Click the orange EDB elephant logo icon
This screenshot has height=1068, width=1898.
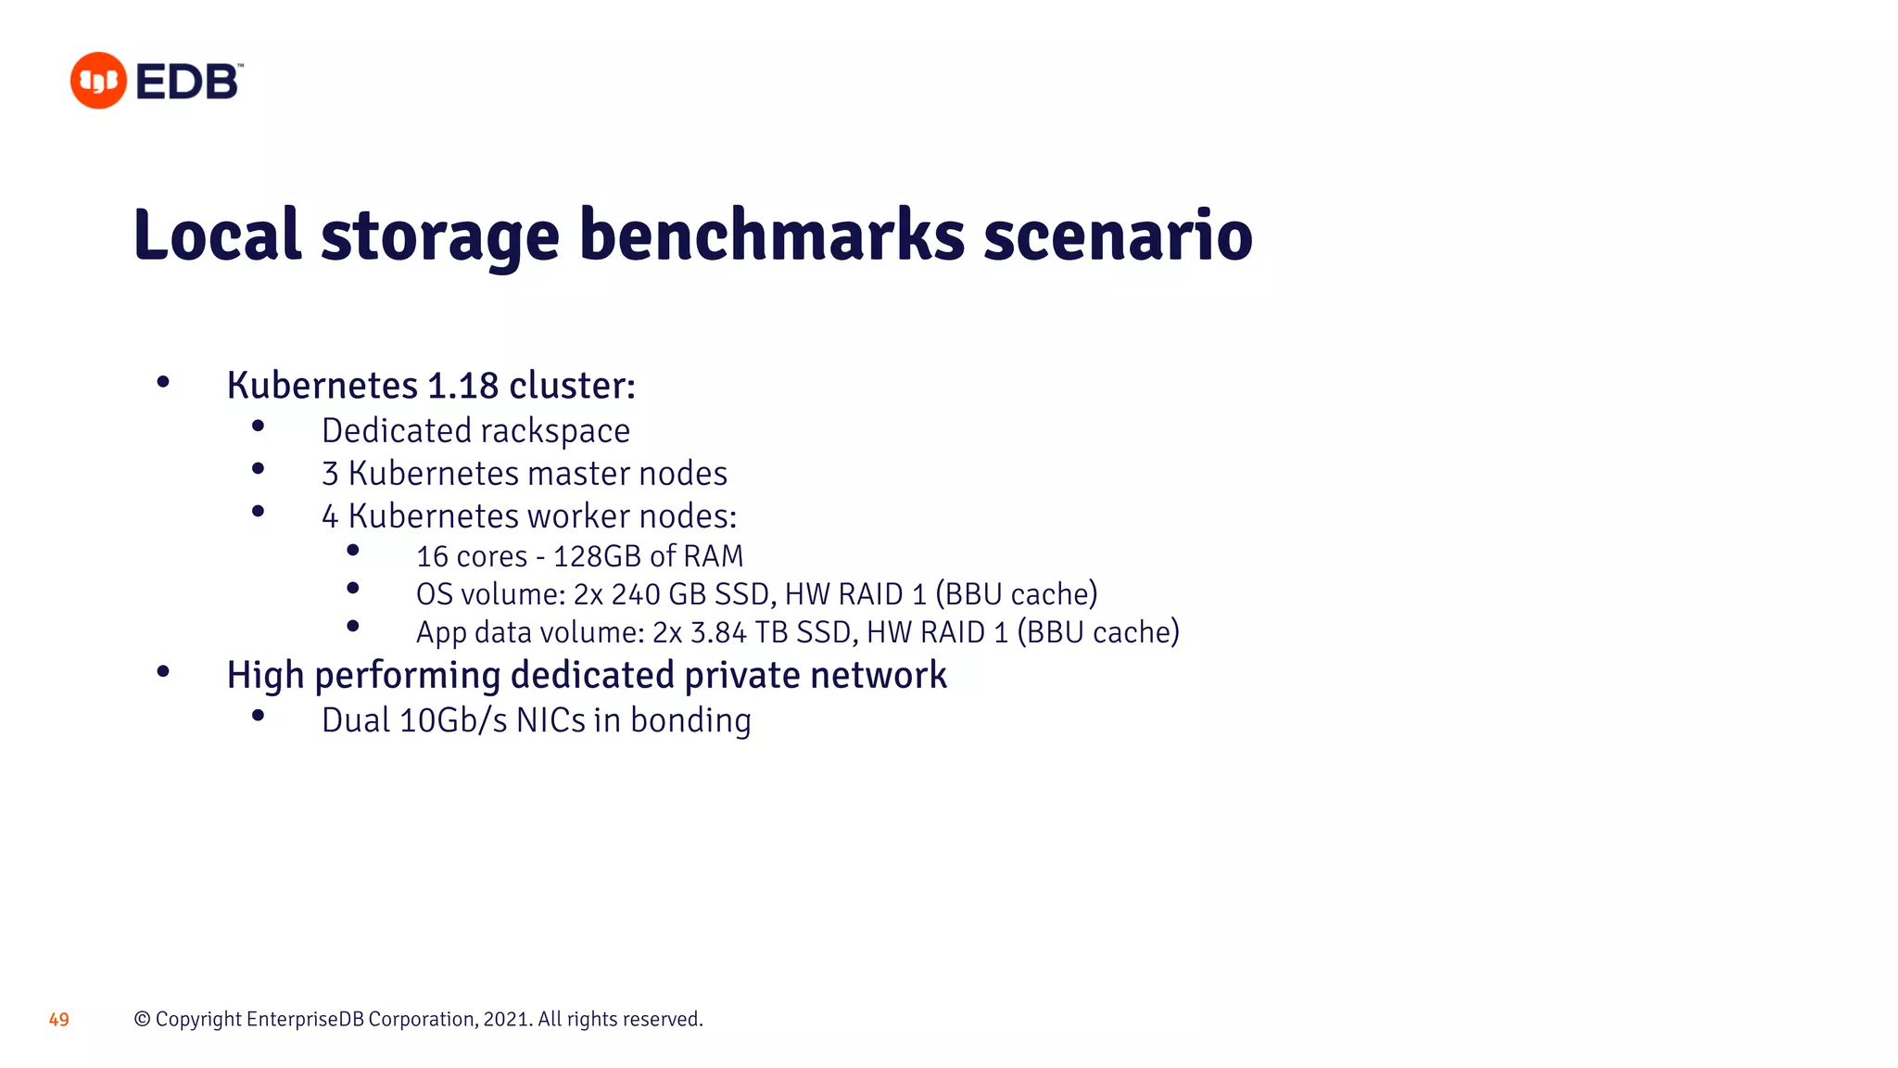pos(98,81)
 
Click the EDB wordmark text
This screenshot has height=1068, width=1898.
pos(188,83)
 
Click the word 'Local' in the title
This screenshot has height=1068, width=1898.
pos(217,235)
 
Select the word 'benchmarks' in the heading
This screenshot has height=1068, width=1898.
pos(772,235)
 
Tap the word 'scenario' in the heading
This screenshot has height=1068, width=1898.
pos(1118,235)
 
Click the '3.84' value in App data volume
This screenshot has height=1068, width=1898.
pos(718,632)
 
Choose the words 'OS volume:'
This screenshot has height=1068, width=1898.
pos(490,594)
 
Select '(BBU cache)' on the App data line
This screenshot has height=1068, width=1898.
pos(1098,632)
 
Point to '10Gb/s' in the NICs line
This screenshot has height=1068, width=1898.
pos(453,720)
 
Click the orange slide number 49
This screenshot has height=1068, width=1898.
pos(59,1020)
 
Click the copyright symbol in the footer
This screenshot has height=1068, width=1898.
pos(142,1020)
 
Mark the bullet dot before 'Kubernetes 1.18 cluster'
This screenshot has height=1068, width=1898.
pos(163,382)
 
